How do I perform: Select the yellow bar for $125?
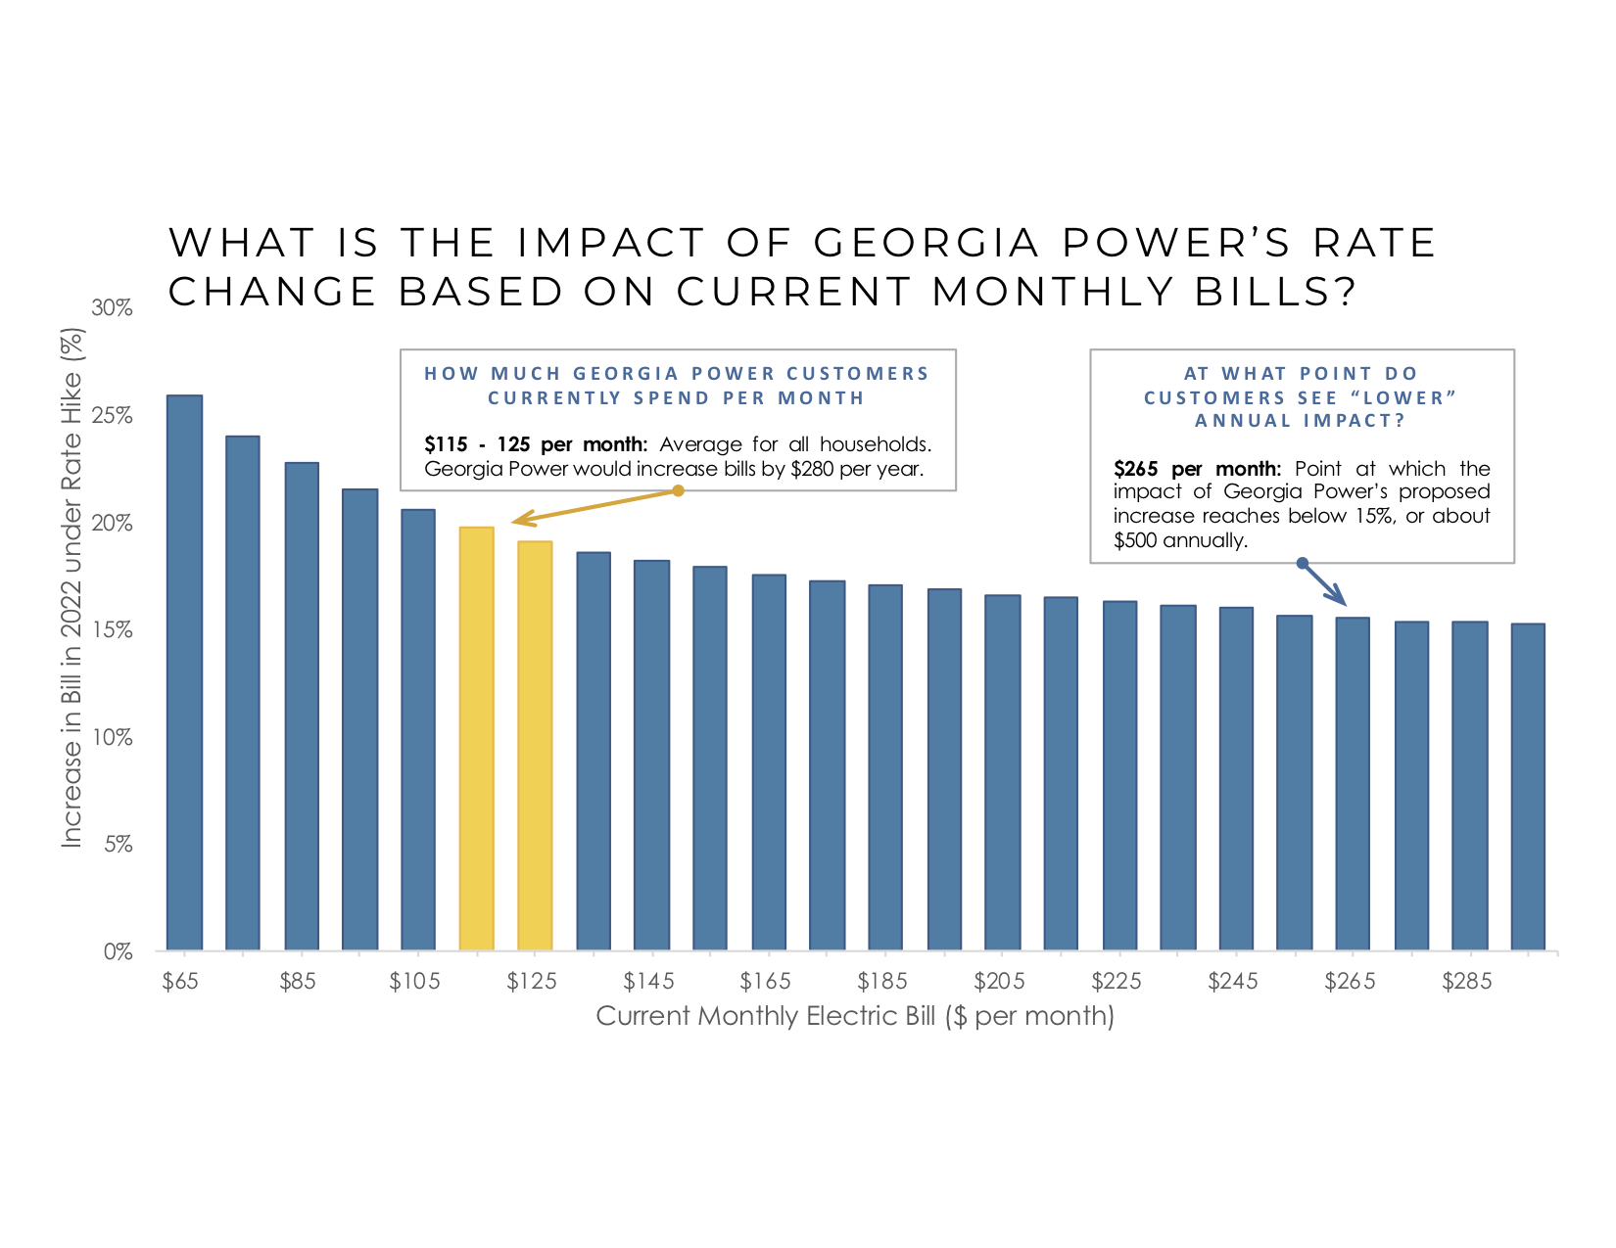pos(535,745)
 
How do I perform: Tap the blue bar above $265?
pos(1353,783)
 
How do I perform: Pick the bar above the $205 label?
pos(1002,772)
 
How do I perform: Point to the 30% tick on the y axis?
pos(113,308)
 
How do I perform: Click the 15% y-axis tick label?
pos(113,630)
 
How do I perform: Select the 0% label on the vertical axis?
pos(118,951)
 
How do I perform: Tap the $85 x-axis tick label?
pos(298,981)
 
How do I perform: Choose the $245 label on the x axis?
pos(1233,981)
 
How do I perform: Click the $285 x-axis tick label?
pos(1467,981)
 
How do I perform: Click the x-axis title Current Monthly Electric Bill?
pos(855,1016)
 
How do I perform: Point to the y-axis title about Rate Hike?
pos(72,587)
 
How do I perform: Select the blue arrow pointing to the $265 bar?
pos(1324,583)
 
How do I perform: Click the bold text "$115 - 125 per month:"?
pos(536,444)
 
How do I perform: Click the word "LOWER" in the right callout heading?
pos(1403,398)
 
